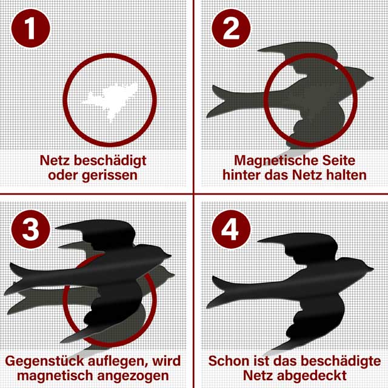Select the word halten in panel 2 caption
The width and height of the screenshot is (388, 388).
click(x=346, y=175)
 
